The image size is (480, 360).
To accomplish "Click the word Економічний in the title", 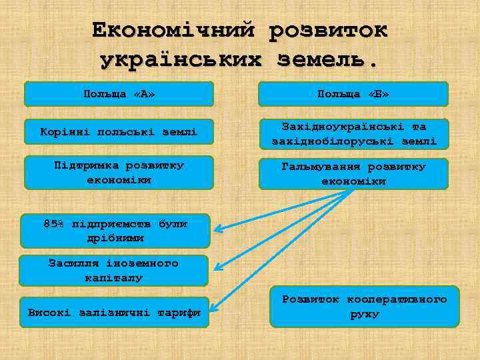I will [x=174, y=30].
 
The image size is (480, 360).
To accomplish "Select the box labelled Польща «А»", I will [x=119, y=94].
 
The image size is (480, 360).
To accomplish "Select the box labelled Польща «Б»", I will [x=353, y=94].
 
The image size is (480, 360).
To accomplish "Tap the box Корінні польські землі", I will [x=119, y=133].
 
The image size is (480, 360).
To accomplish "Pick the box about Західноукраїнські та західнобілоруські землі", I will [x=353, y=133].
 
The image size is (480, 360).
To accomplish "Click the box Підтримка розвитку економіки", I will [x=119, y=172].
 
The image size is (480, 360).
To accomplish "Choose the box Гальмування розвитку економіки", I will [x=353, y=173].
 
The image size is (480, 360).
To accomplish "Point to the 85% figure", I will [x=53, y=224].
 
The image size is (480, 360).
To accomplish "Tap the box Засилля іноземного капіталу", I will [x=113, y=270].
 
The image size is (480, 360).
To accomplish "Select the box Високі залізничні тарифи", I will [x=113, y=312].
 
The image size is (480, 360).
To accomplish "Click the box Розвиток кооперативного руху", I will [x=364, y=307].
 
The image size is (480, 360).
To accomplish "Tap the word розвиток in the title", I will [x=327, y=30].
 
